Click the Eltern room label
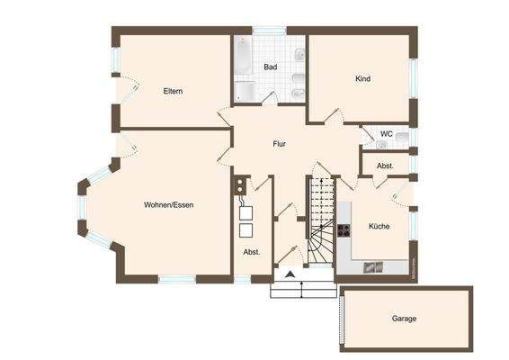pyautogui.click(x=174, y=91)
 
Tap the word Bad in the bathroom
pyautogui.click(x=270, y=67)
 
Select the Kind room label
pyautogui.click(x=362, y=79)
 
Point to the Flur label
pyautogui.click(x=279, y=143)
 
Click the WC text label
pyautogui.click(x=387, y=134)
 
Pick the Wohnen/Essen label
pyautogui.click(x=168, y=205)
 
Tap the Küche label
pyautogui.click(x=379, y=227)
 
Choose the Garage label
pyautogui.click(x=404, y=319)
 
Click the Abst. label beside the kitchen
pyautogui.click(x=385, y=166)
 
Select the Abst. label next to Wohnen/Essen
pyautogui.click(x=251, y=252)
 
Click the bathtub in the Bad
pyautogui.click(x=244, y=58)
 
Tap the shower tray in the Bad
pyautogui.click(x=245, y=92)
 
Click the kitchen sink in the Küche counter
pyautogui.click(x=371, y=266)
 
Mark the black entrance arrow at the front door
pyautogui.click(x=290, y=274)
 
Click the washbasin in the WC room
pyautogui.click(x=402, y=138)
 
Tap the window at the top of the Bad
pyautogui.click(x=269, y=31)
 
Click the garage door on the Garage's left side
pyautogui.click(x=342, y=319)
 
